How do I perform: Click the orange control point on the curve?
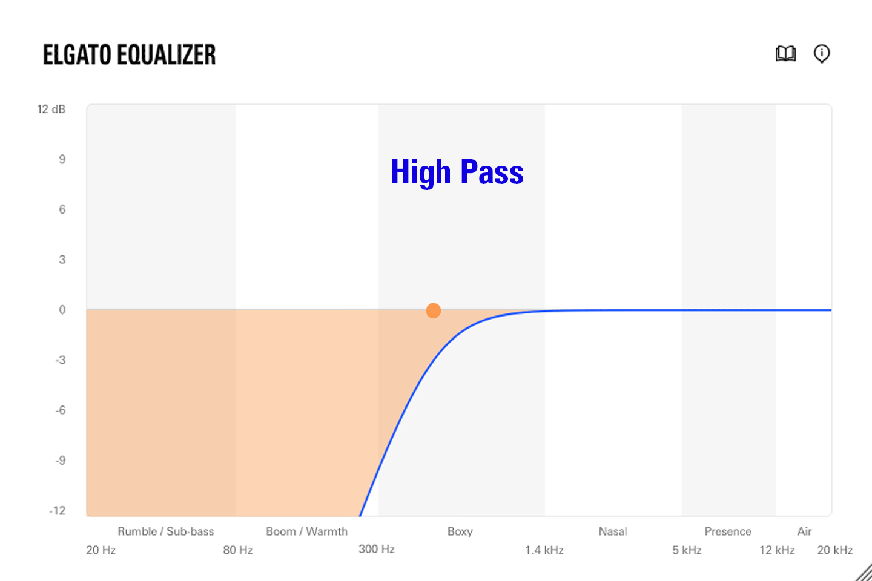(x=434, y=310)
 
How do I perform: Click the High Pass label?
(x=457, y=172)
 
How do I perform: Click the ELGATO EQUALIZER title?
(x=129, y=54)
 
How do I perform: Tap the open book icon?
(x=785, y=54)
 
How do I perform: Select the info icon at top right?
(x=822, y=54)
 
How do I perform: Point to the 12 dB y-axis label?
(x=51, y=110)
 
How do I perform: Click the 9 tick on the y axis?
(x=62, y=160)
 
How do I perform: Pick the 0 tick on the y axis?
(x=62, y=310)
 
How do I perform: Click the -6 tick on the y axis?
(x=61, y=410)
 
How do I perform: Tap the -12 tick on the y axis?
(x=58, y=511)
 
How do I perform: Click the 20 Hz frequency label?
(x=101, y=550)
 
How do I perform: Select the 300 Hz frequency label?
(x=377, y=549)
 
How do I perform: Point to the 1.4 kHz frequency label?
(x=544, y=550)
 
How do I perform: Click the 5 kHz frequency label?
(x=687, y=550)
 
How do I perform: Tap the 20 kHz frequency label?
(x=835, y=550)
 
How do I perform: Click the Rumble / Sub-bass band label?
(x=166, y=531)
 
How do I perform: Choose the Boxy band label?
(x=460, y=532)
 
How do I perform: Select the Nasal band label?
(x=613, y=531)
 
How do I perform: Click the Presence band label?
(x=728, y=531)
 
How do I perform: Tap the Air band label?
(x=804, y=531)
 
